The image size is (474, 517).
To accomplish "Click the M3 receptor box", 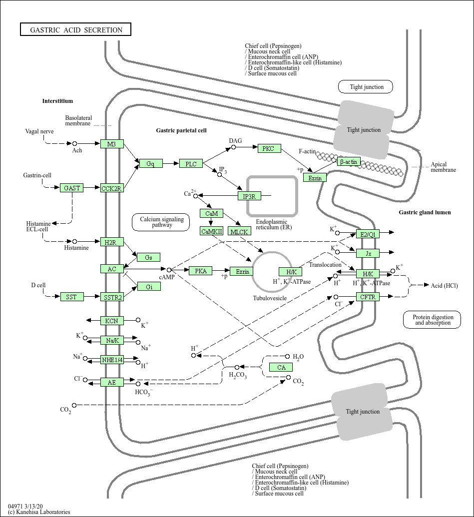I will (x=112, y=144).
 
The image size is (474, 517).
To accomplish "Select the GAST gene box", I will (x=72, y=188).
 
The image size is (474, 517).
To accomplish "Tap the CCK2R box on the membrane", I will (x=112, y=188).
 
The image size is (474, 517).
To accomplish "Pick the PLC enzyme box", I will (x=191, y=164).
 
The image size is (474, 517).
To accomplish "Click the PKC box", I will (x=269, y=148).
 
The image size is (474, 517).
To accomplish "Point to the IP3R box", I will (x=249, y=196).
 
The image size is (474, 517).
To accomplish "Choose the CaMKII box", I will (x=211, y=231).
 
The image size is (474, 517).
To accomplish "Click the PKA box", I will (x=201, y=271).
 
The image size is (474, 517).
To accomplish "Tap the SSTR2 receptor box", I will (x=112, y=297).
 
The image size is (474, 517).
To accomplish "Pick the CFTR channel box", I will (x=368, y=297).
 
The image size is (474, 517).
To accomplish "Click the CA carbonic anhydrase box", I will (x=281, y=368).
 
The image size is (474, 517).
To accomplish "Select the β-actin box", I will (x=349, y=161).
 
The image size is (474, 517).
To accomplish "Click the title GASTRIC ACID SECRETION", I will (x=76, y=29).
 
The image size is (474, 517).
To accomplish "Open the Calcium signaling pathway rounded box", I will (x=162, y=222).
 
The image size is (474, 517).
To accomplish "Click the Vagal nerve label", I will (x=39, y=131).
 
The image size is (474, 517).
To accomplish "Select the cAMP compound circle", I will (x=169, y=270).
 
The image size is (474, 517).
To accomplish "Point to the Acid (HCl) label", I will (x=444, y=285).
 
